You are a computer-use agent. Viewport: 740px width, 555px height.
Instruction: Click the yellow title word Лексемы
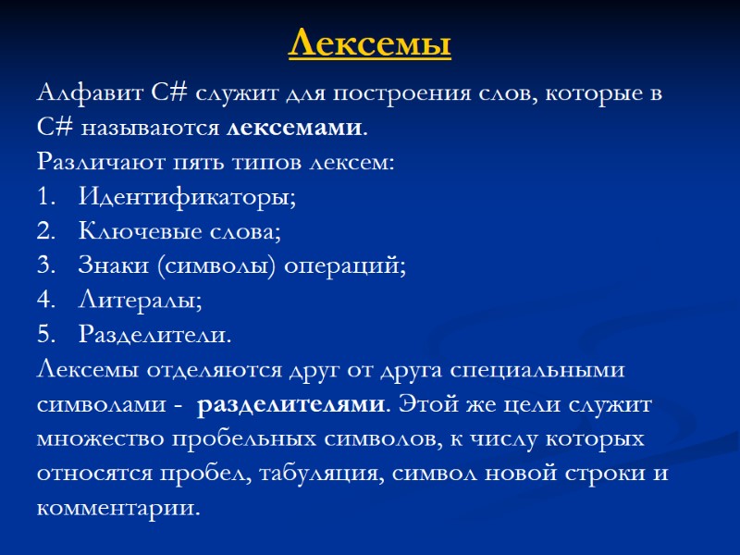[x=370, y=43]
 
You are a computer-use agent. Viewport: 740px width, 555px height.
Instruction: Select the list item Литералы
[x=138, y=299]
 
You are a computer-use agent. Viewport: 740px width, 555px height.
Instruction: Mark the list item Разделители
[x=154, y=333]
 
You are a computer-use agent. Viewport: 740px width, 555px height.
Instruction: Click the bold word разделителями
[x=291, y=403]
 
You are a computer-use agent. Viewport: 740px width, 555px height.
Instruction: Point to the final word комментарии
[x=117, y=507]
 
